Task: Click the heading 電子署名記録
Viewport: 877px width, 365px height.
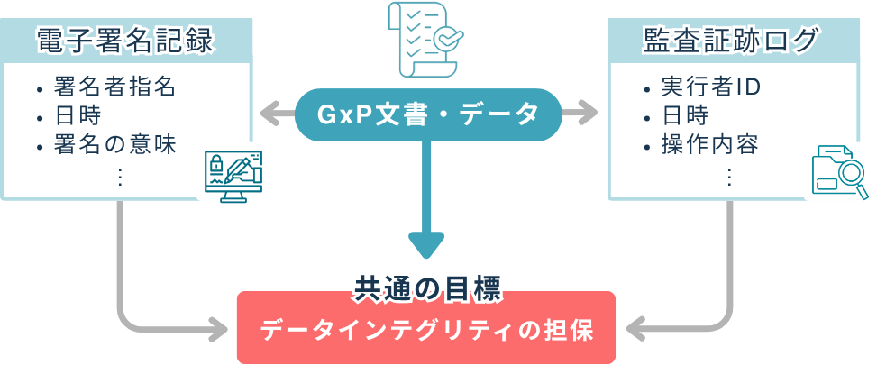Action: (x=124, y=40)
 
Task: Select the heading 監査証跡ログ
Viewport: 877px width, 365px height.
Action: (x=731, y=40)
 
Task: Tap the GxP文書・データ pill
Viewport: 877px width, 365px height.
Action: (x=427, y=114)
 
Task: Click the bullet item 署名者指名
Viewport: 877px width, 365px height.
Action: (x=114, y=87)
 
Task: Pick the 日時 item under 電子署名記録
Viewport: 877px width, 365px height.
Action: (x=77, y=115)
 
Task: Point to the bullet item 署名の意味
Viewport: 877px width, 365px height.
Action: (x=114, y=143)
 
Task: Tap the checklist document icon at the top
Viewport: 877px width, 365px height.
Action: (x=423, y=41)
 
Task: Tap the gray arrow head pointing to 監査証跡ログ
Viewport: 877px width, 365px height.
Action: (x=589, y=114)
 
